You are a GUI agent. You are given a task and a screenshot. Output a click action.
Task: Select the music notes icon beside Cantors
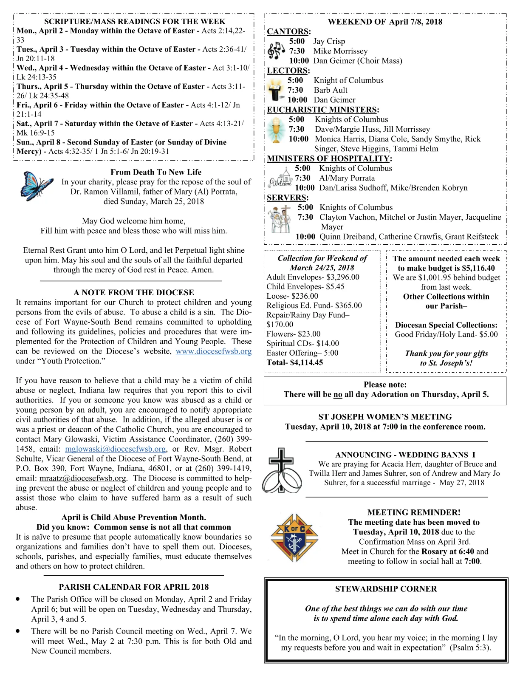pyautogui.click(x=277, y=51)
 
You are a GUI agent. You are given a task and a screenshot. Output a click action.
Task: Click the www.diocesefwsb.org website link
pyautogui.click(x=213, y=351)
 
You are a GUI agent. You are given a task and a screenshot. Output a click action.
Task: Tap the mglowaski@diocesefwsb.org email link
pyautogui.click(x=115, y=449)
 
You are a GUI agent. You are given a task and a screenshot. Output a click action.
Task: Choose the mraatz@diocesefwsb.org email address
pyautogui.click(x=83, y=478)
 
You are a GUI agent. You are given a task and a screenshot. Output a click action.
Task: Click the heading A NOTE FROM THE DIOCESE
pyautogui.click(x=133, y=293)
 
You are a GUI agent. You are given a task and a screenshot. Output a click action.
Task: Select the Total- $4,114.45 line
pyautogui.click(x=294, y=363)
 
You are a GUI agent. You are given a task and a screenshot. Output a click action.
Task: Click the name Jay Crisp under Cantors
pyautogui.click(x=329, y=41)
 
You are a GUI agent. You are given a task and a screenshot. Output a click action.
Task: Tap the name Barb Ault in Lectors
pyautogui.click(x=330, y=90)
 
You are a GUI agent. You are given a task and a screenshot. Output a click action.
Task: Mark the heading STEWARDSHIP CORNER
pyautogui.click(x=385, y=589)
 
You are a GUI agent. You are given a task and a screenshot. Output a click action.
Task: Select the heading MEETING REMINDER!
pyautogui.click(x=413, y=513)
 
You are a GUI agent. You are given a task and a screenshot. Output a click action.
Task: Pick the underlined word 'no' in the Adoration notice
pyautogui.click(x=338, y=395)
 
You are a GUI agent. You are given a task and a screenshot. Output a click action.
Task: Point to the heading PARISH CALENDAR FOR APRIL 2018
pyautogui.click(x=133, y=587)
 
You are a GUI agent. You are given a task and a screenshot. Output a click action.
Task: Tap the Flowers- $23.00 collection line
pyautogui.click(x=293, y=334)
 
